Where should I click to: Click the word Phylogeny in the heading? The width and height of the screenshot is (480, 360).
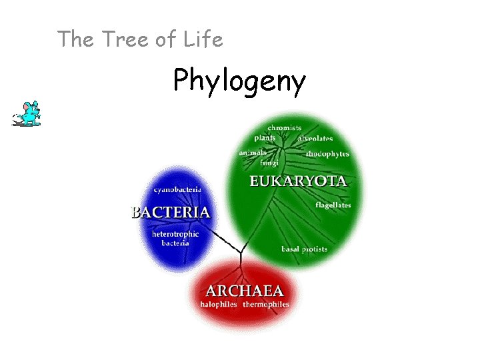(239, 81)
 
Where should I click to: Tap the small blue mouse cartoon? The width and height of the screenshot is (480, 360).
(27, 114)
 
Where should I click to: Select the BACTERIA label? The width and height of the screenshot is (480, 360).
(171, 213)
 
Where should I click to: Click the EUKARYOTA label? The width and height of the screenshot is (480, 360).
(298, 181)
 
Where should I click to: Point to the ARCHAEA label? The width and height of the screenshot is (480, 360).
(245, 291)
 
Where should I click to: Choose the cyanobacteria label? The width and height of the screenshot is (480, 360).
(175, 189)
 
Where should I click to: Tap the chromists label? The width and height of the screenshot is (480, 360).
(285, 127)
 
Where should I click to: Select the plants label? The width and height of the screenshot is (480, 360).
(265, 138)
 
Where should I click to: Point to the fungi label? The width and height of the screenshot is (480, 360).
(269, 163)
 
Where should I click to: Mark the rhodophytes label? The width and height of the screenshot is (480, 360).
(327, 153)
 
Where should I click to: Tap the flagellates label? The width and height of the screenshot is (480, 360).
(333, 205)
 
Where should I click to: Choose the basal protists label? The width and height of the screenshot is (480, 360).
(304, 249)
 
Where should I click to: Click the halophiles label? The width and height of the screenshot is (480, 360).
(219, 305)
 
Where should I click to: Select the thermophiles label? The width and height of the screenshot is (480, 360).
(266, 305)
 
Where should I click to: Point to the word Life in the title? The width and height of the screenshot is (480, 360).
(202, 39)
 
